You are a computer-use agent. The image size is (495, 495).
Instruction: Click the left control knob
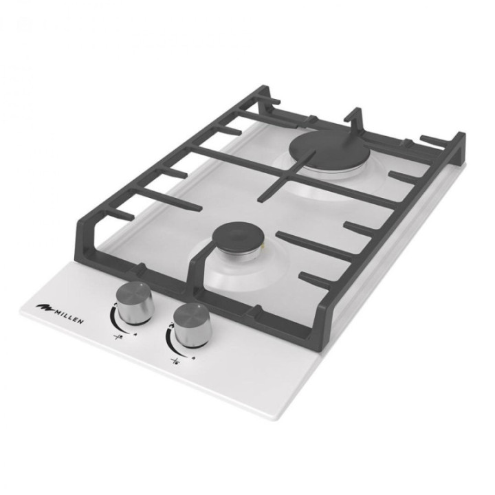tap(135, 302)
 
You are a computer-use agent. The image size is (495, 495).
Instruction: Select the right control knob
tap(192, 325)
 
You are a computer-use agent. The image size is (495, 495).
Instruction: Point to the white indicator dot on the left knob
tap(142, 285)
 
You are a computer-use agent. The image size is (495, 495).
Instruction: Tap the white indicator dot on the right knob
tap(199, 306)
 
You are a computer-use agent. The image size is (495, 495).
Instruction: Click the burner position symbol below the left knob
tap(118, 337)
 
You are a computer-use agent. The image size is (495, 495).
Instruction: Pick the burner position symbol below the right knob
tap(175, 360)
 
